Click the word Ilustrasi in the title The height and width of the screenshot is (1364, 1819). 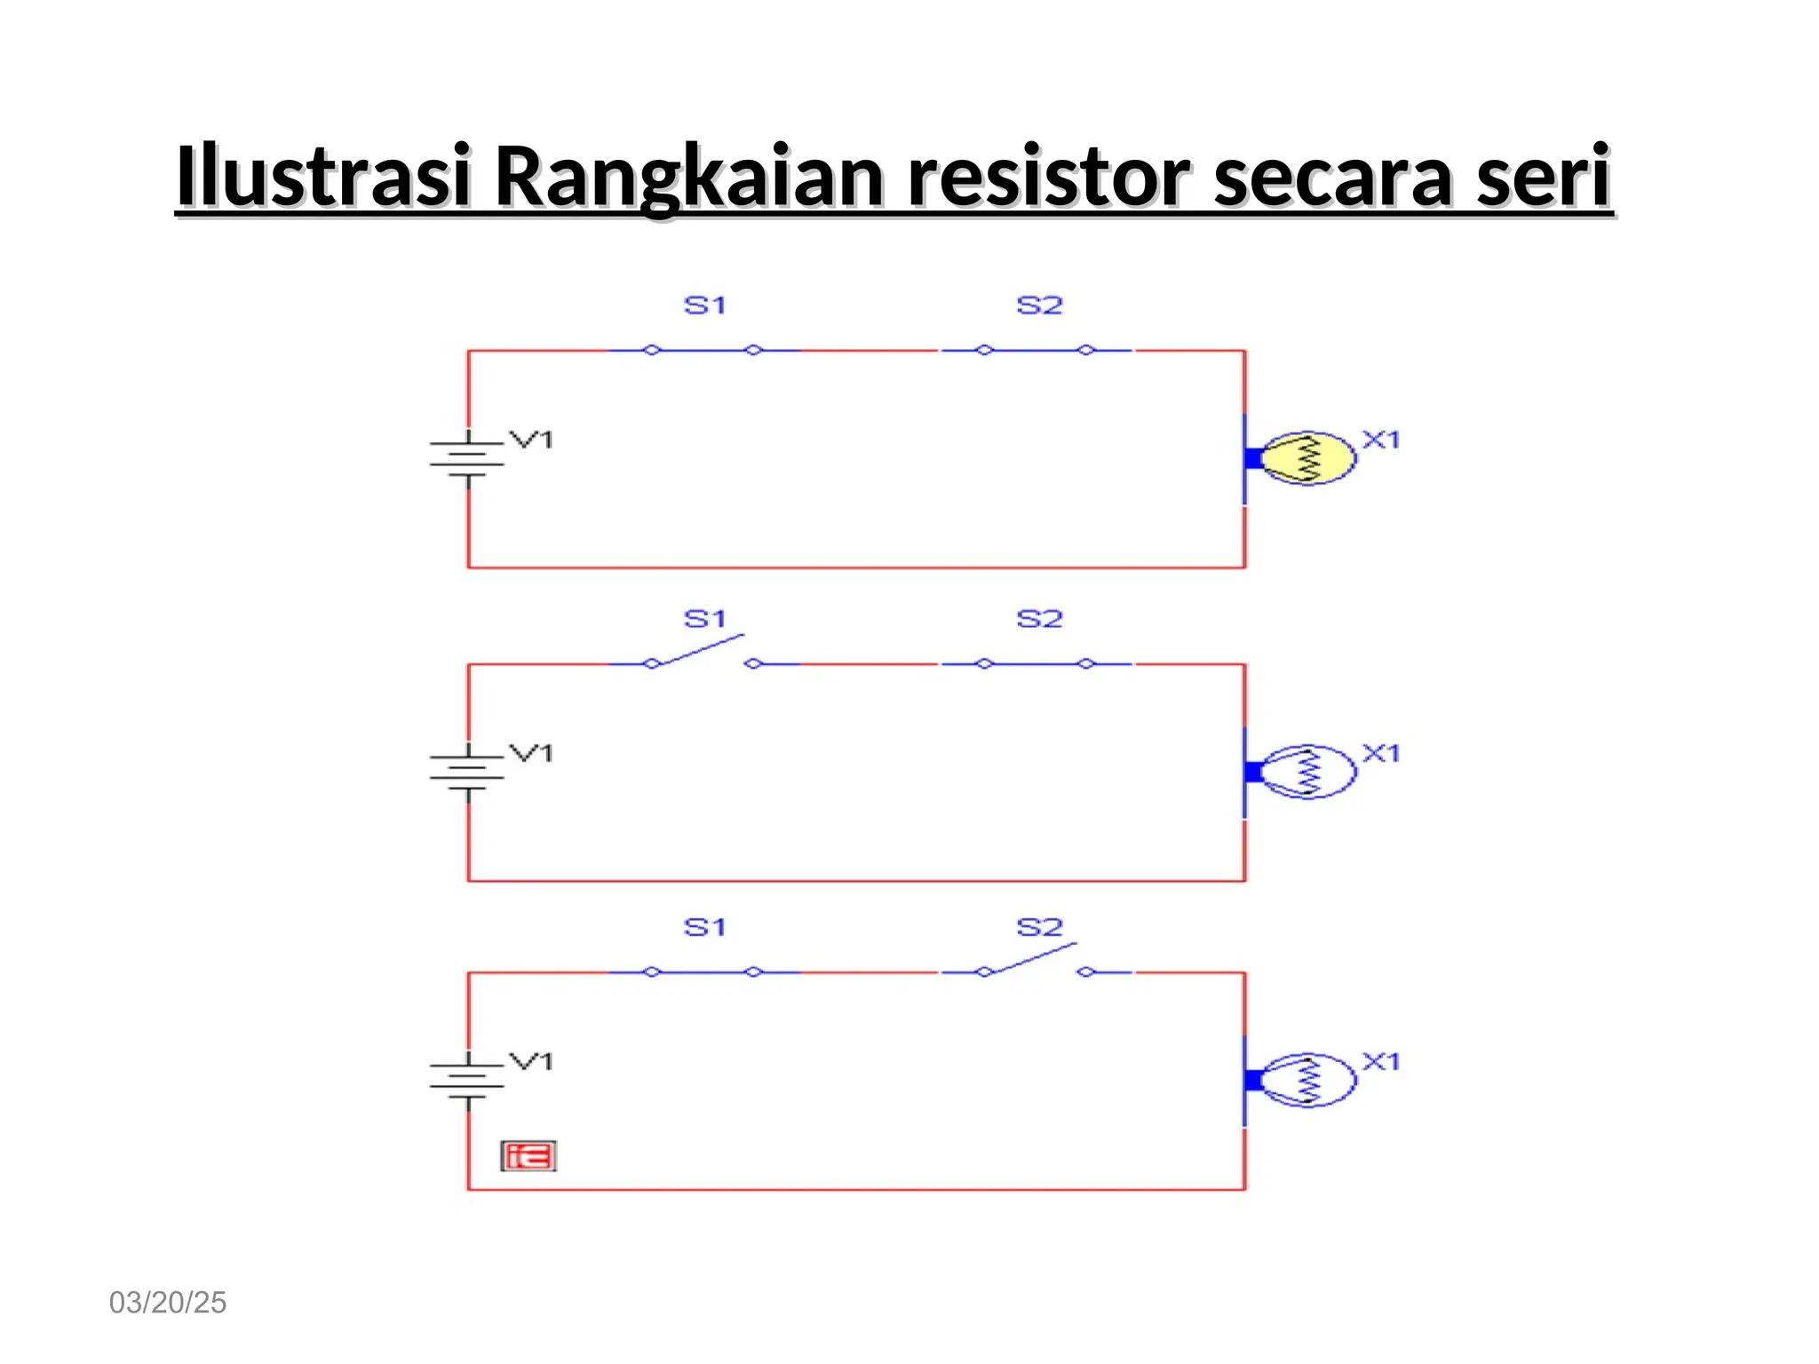coord(322,176)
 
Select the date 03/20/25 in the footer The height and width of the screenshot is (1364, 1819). coord(168,1302)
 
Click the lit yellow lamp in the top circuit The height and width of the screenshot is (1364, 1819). coord(1307,458)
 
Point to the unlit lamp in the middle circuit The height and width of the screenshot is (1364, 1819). coord(1307,772)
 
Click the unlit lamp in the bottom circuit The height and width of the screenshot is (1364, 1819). coord(1307,1080)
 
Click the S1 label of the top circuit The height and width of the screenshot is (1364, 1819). coord(705,305)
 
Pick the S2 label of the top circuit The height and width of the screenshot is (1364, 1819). coord(1039,305)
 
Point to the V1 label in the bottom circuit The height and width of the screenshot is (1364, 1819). coord(531,1061)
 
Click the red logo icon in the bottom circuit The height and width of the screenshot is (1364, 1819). coord(528,1156)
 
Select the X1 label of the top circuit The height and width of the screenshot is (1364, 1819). coord(1381,440)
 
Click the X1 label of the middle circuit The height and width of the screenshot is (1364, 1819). coord(1381,753)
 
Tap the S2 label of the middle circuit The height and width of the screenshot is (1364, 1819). coord(1039,619)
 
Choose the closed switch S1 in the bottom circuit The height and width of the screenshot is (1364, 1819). coord(703,972)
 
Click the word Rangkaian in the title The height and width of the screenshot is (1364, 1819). coord(688,176)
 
